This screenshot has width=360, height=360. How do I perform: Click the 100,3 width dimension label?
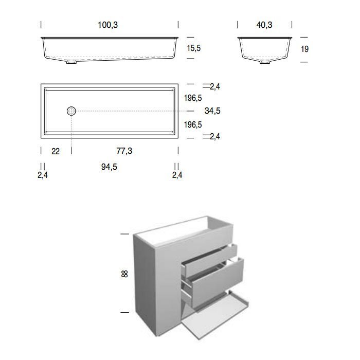(107, 25)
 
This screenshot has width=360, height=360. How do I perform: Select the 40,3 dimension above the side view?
(264, 25)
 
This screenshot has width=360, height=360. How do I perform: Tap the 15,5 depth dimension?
(193, 48)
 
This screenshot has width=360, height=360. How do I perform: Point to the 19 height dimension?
(304, 49)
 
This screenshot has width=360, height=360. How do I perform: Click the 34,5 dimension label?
(212, 111)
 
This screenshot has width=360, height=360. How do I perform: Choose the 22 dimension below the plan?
(56, 151)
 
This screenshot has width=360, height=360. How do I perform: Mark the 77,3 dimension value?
(124, 151)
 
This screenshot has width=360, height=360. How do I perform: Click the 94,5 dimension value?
(109, 167)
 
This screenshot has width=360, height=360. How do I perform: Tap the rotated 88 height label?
(124, 274)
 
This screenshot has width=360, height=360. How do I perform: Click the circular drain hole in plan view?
(71, 111)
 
